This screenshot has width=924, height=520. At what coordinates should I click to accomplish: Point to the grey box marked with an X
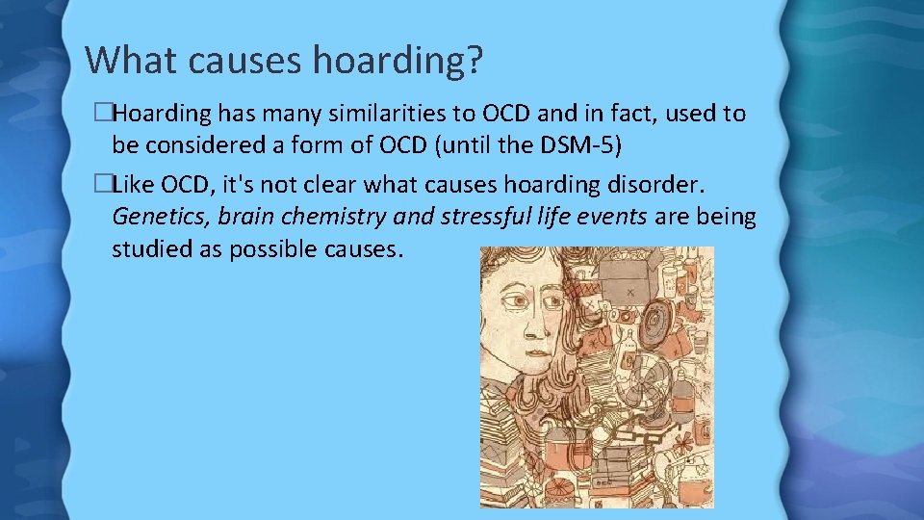tap(628, 289)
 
